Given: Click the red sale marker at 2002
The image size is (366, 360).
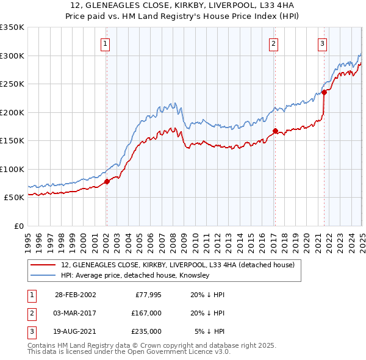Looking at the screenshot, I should pyautogui.click(x=107, y=181).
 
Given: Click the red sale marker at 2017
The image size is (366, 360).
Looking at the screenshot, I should pyautogui.click(x=275, y=131).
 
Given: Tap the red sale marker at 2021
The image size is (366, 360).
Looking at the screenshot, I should pyautogui.click(x=325, y=92).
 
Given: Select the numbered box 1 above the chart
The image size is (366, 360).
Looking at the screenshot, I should pyautogui.click(x=106, y=43).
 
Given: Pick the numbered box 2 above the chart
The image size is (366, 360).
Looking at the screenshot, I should pyautogui.click(x=274, y=43).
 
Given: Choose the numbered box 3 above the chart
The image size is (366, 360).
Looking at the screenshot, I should pyautogui.click(x=322, y=43).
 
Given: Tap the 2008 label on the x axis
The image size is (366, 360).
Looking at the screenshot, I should pyautogui.click(x=174, y=238).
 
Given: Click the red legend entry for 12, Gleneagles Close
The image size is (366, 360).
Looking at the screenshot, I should pyautogui.click(x=178, y=265).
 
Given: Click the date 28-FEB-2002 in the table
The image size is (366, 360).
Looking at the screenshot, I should pyautogui.click(x=75, y=294).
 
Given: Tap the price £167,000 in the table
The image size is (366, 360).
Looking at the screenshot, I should pyautogui.click(x=146, y=313).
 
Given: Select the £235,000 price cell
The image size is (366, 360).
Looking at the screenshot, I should pyautogui.click(x=146, y=332).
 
